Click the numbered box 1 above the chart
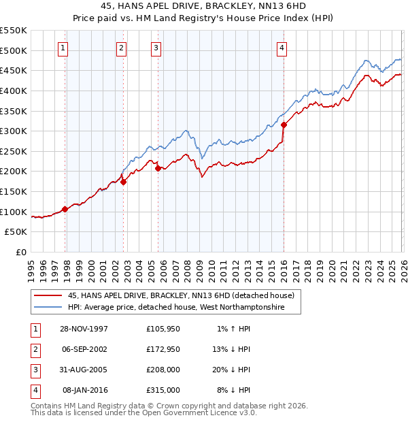(63, 48)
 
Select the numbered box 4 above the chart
(282, 48)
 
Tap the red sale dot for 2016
(284, 125)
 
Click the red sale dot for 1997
(65, 209)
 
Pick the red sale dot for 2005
(158, 168)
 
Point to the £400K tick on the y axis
(14, 91)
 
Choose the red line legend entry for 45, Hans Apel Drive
(180, 295)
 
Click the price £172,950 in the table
(163, 349)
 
